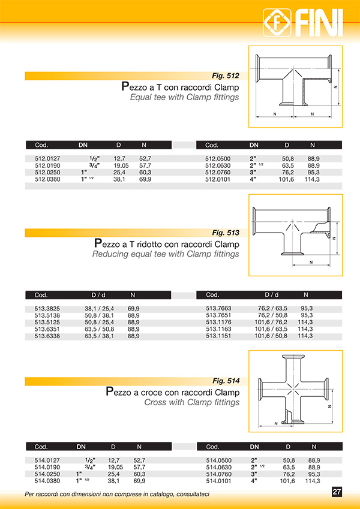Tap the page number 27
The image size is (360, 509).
coord(337,492)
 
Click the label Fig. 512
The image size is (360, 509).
coord(226,76)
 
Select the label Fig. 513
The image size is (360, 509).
coord(226,233)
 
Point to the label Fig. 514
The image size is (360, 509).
coord(226,381)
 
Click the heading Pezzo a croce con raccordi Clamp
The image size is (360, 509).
coord(172,392)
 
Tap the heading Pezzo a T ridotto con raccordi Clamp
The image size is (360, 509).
coord(167,244)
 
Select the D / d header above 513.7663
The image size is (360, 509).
coord(276,295)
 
